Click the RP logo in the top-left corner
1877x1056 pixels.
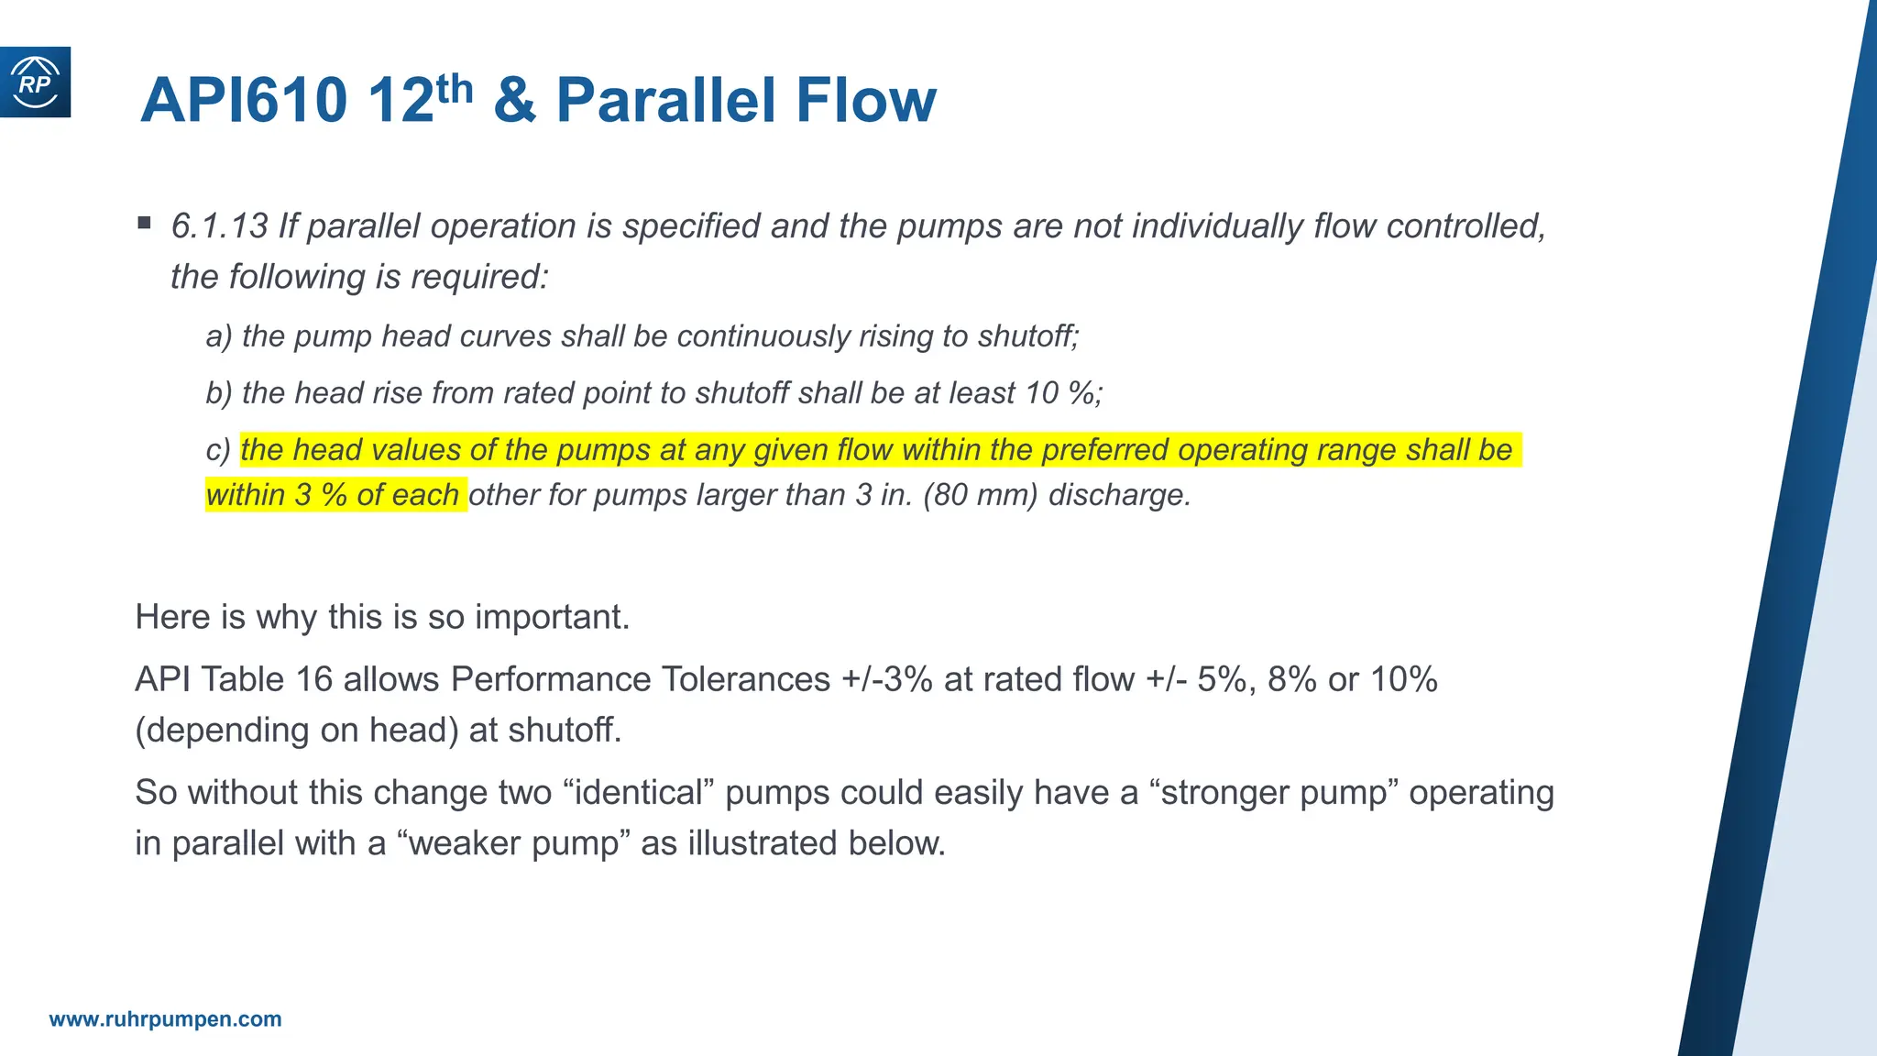pyautogui.click(x=35, y=82)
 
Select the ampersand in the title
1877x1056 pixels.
pyautogui.click(x=514, y=100)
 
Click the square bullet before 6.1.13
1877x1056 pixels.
pyautogui.click(x=145, y=223)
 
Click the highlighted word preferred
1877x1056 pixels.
pyautogui.click(x=1105, y=450)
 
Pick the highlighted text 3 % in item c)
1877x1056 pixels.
pyautogui.click(x=321, y=495)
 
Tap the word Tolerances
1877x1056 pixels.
pyautogui.click(x=746, y=680)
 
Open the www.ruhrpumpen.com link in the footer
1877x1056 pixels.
pyautogui.click(x=166, y=1019)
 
